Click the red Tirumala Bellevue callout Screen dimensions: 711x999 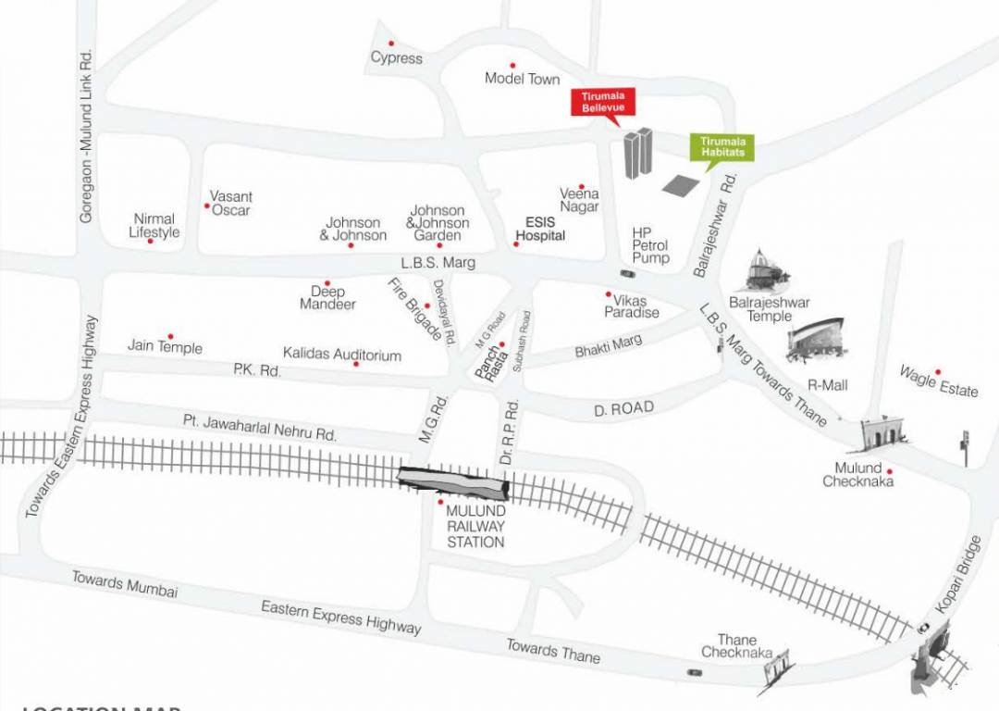pyautogui.click(x=603, y=103)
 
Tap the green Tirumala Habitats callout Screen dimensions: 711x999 pyautogui.click(x=722, y=146)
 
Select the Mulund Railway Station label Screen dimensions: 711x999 pyautogui.click(x=475, y=526)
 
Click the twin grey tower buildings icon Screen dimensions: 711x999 pyautogui.click(x=637, y=154)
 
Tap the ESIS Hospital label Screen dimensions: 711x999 pyautogui.click(x=540, y=229)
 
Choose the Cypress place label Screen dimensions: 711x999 pyautogui.click(x=396, y=58)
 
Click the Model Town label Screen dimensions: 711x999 pyautogui.click(x=522, y=79)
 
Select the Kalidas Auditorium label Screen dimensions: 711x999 pyautogui.click(x=342, y=355)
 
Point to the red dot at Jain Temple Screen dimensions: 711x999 pyautogui.click(x=170, y=337)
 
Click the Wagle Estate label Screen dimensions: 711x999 pyautogui.click(x=939, y=381)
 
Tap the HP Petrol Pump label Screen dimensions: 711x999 pyautogui.click(x=650, y=245)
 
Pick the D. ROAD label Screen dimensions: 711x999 pyautogui.click(x=624, y=408)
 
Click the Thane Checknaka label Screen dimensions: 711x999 pyautogui.click(x=736, y=646)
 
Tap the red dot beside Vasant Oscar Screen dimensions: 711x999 pyautogui.click(x=206, y=206)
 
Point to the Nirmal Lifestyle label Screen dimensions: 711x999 pyautogui.click(x=154, y=226)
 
